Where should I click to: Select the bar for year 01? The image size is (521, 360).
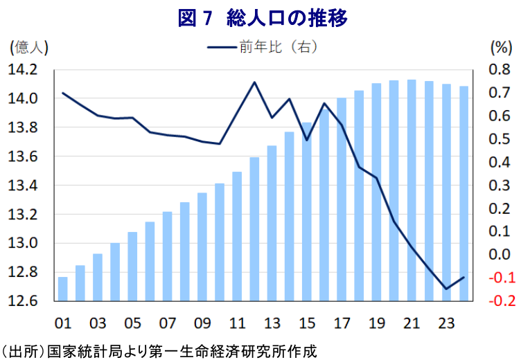63,289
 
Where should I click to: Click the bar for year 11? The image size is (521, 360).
237,236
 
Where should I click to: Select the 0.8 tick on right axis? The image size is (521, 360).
498,70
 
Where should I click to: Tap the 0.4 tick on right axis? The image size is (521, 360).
498,163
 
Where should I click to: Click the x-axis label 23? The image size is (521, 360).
445,323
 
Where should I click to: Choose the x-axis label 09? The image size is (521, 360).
202,323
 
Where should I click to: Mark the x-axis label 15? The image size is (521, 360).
306,323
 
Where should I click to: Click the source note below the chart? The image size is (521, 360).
159,350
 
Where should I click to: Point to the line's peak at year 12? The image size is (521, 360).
254,82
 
